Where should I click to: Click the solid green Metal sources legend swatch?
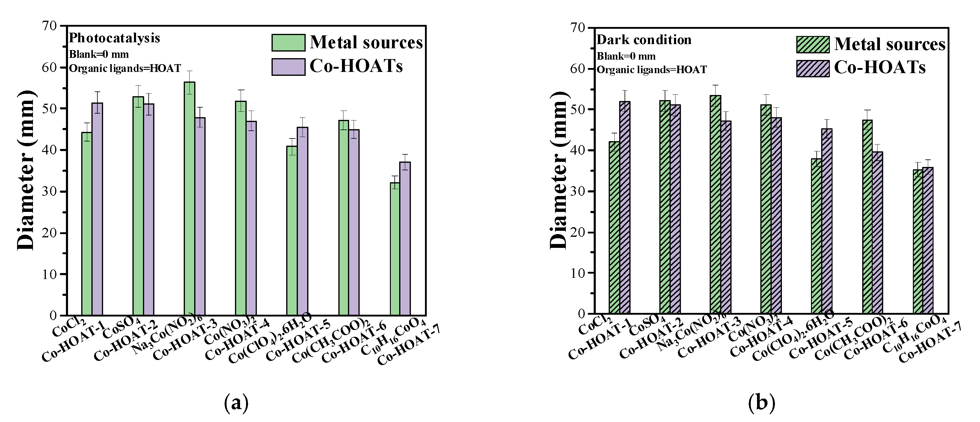288,43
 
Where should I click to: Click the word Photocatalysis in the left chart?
114,38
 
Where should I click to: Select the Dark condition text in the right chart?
644,40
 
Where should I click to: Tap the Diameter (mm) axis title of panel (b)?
559,175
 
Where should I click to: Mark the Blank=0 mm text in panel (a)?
99,55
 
